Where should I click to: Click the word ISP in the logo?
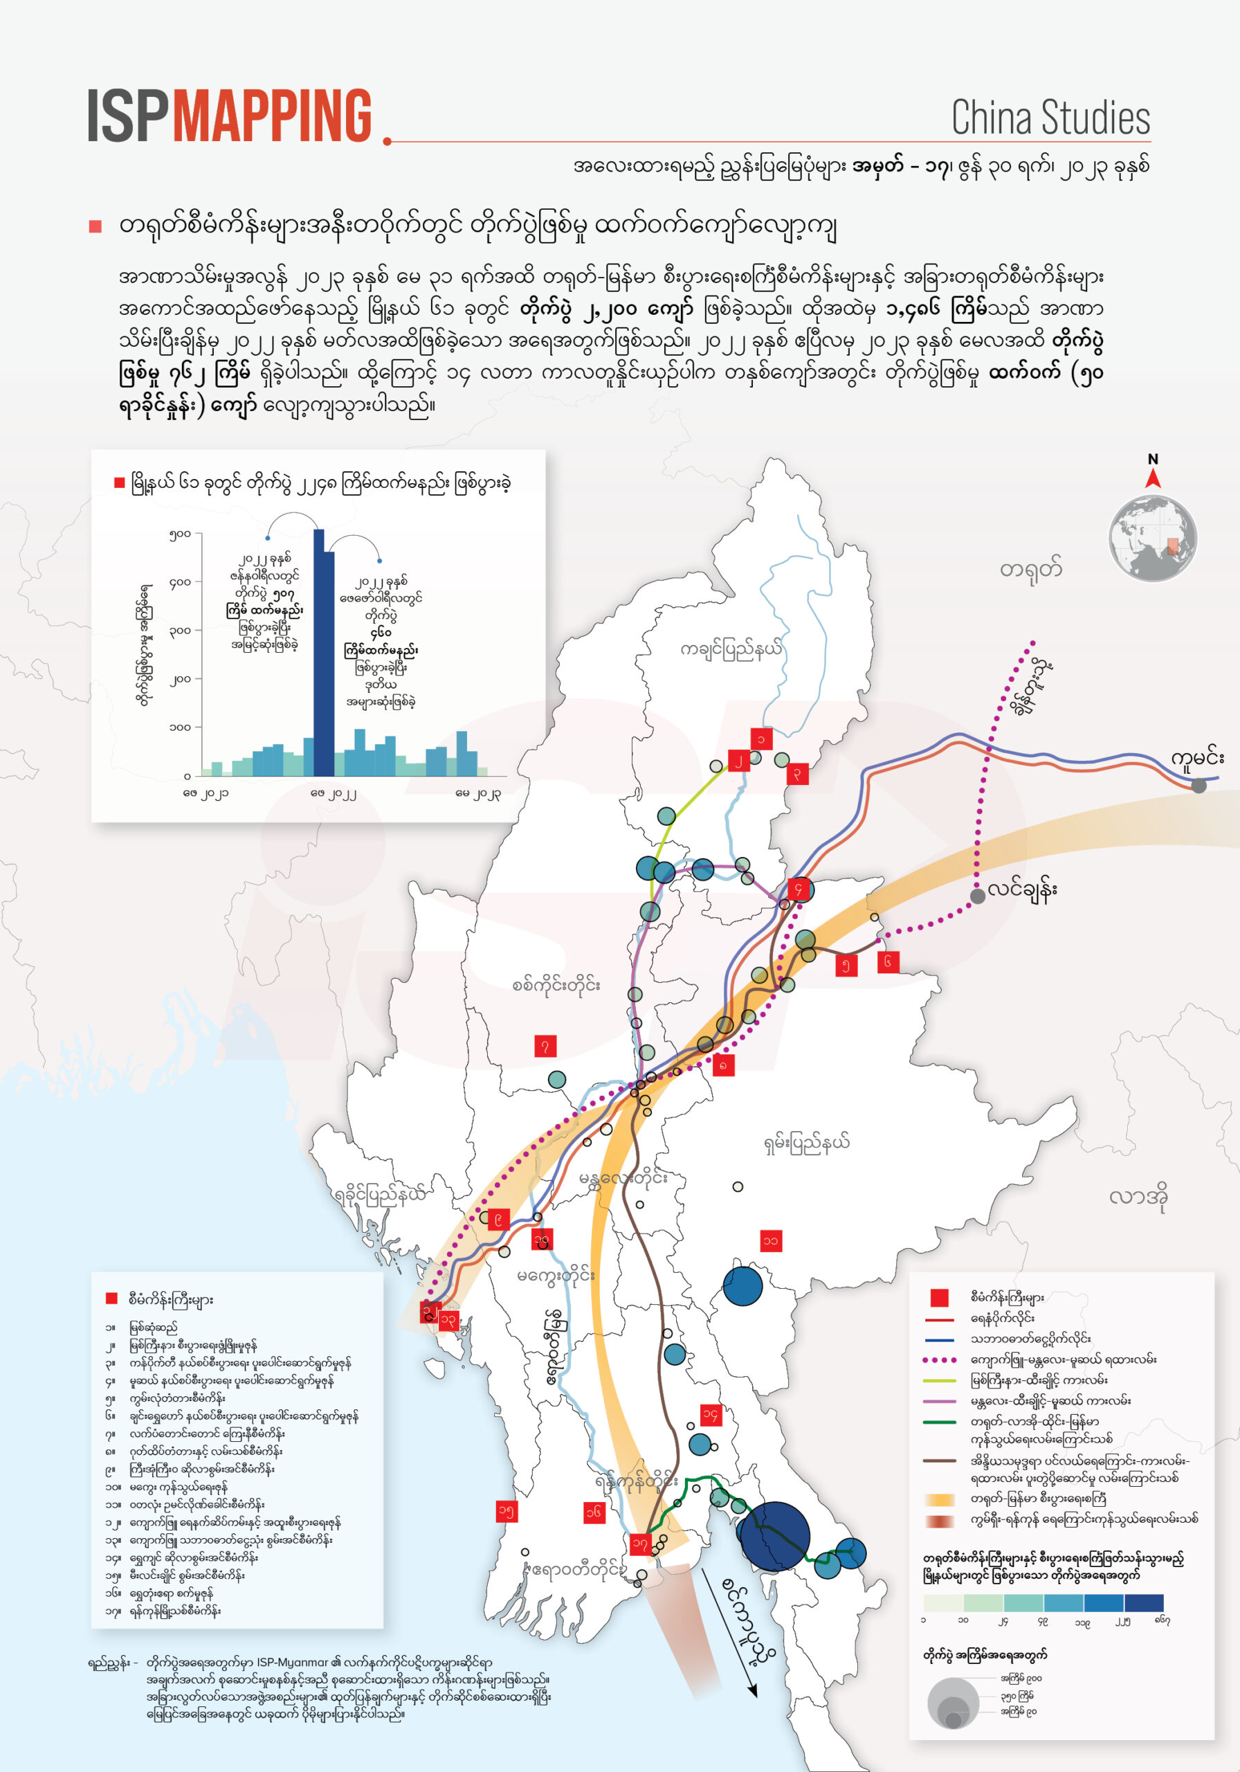[x=127, y=116]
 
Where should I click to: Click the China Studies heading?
[x=1050, y=118]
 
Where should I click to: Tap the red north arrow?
[x=1153, y=478]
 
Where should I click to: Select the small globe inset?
[x=1152, y=539]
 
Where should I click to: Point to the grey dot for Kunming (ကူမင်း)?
[x=1198, y=786]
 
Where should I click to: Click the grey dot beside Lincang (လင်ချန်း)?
[x=978, y=895]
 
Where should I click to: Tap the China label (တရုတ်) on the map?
[x=1030, y=570]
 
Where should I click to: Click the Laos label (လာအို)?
[x=1138, y=1197]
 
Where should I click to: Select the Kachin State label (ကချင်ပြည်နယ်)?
[x=730, y=649]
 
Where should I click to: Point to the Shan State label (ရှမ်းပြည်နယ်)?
[x=806, y=1141]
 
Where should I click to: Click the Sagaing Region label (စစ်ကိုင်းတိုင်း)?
[x=556, y=985]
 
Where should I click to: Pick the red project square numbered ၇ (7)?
[x=545, y=1046]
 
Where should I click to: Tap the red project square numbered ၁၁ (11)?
[x=770, y=1240]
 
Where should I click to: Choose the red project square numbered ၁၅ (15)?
[x=507, y=1511]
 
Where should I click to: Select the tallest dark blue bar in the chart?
[x=319, y=652]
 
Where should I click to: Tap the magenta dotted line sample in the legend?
[x=939, y=1360]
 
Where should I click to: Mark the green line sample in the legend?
[x=939, y=1422]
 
